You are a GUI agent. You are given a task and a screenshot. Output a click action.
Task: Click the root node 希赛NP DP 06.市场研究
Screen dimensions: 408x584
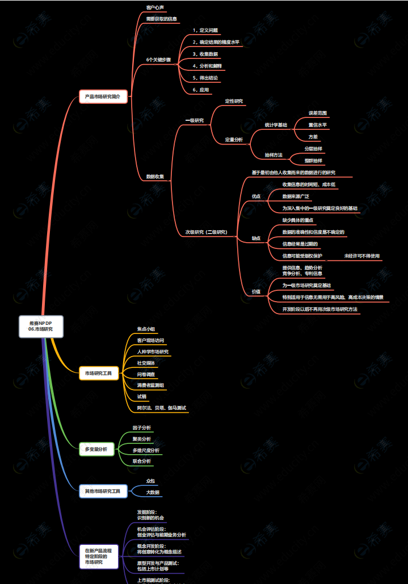click(41, 326)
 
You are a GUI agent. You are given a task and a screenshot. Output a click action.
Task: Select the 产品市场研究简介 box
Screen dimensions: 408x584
click(103, 96)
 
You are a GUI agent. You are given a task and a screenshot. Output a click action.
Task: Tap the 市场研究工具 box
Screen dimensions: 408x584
click(98, 373)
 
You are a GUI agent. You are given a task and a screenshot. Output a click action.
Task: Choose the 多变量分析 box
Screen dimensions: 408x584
click(96, 449)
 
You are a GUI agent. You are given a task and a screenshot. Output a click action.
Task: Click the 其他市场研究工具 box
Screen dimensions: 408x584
click(102, 491)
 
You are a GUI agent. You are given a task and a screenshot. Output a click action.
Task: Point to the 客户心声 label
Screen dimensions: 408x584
click(155, 8)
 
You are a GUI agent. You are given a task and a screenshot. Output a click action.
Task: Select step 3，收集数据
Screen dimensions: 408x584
click(205, 54)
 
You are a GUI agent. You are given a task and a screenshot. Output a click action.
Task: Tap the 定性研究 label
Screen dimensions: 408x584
click(234, 101)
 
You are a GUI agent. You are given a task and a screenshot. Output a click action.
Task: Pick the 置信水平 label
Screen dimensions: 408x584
click(317, 125)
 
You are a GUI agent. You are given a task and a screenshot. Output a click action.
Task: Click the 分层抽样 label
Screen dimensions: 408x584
click(313, 149)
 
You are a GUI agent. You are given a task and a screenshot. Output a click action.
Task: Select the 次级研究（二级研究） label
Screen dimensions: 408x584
click(205, 232)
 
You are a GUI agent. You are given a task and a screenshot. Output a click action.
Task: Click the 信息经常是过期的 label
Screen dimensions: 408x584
click(300, 244)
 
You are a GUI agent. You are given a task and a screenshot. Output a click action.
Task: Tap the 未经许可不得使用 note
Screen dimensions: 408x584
click(361, 256)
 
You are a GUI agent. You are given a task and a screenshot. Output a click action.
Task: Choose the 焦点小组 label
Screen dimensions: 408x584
click(146, 329)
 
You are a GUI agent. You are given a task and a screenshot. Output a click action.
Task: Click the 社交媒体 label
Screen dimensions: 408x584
click(146, 363)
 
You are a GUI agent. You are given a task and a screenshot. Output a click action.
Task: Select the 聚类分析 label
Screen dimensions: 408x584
click(141, 439)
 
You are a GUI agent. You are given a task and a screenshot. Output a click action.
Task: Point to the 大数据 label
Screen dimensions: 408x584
click(153, 492)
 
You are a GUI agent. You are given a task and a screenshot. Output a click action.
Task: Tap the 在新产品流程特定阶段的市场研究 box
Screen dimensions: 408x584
click(98, 556)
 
